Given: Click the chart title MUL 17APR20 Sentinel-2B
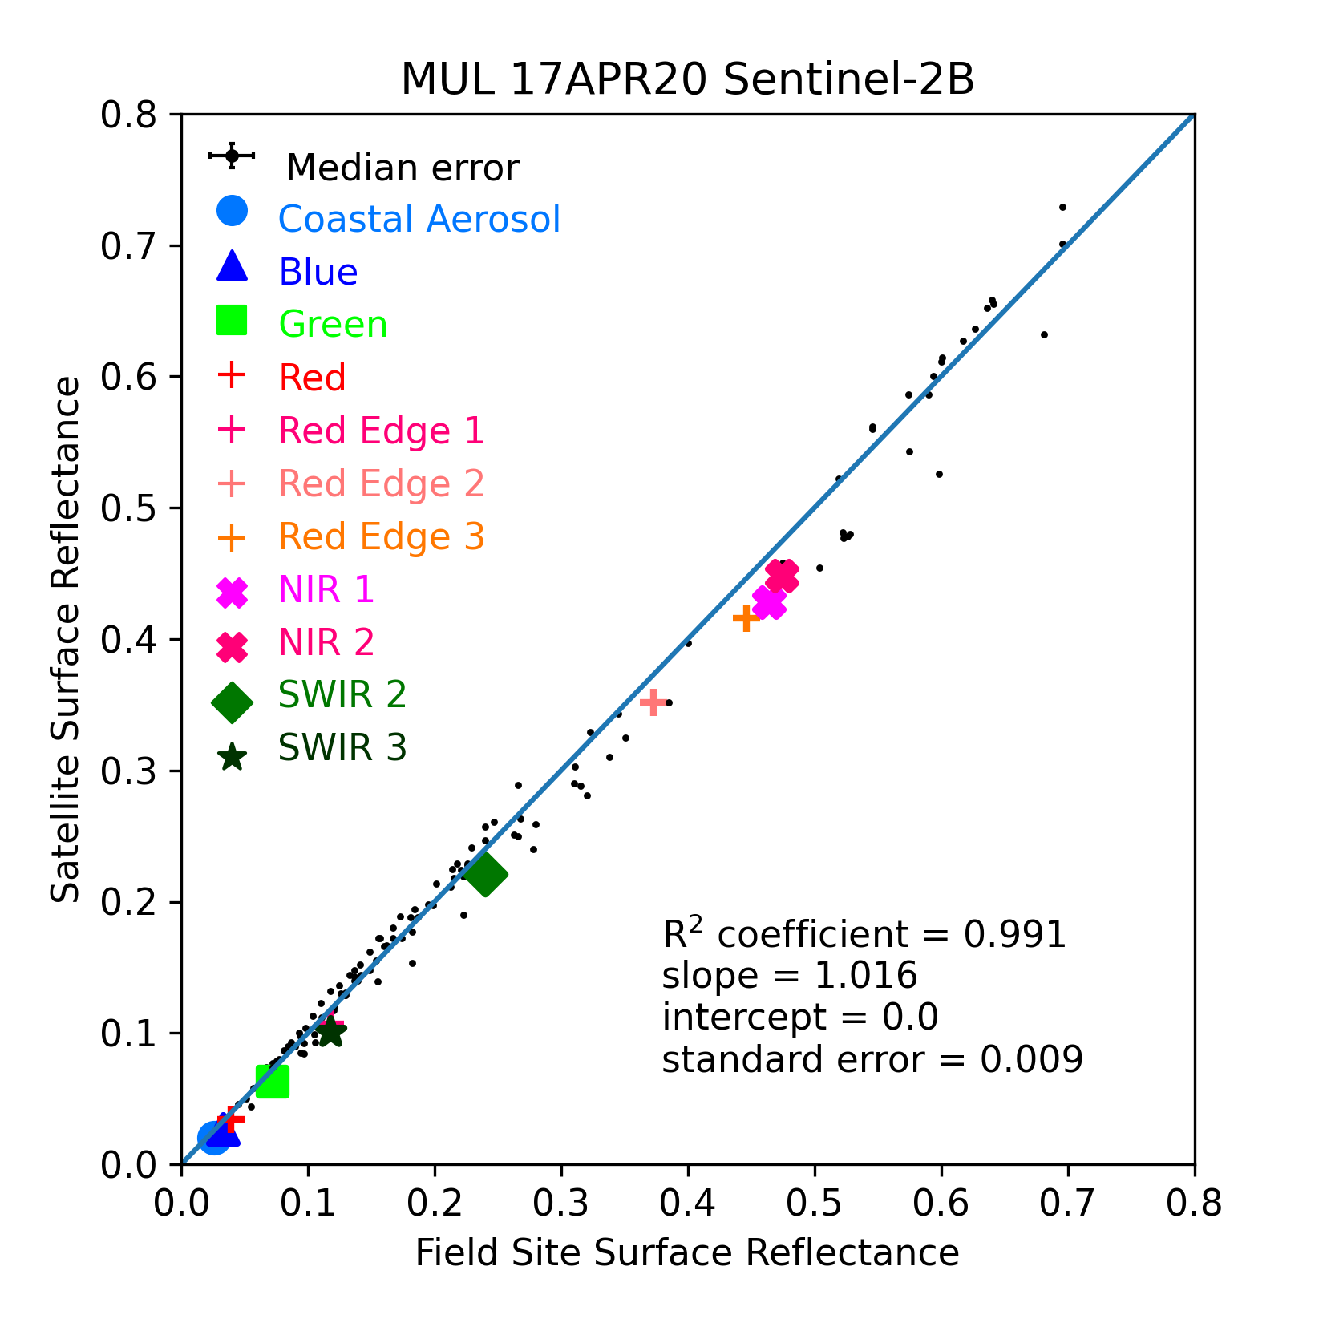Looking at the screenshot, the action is pos(687,79).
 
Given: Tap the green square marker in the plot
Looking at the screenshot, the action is pos(273,1082).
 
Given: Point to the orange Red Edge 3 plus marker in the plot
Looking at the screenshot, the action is pos(746,617).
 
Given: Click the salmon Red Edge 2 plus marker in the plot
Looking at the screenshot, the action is pos(653,702).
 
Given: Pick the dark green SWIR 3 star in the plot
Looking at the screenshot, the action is pos(330,1032).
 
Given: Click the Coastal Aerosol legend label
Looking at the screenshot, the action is pos(419,219).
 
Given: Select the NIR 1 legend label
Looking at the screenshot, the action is pos(326,589).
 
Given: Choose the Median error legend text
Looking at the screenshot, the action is pos(403,168).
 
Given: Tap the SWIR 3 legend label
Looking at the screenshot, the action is pos(342,747).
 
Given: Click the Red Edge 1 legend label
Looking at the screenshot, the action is pos(381,431).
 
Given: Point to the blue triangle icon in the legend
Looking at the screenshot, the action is pos(232,265).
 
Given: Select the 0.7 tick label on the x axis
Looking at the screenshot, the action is pos(1068,1204).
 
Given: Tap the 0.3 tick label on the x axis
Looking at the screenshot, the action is pos(561,1204).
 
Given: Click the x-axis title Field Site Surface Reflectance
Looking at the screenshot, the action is pos(687,1252).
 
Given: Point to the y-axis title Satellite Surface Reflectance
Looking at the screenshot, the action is pos(66,639).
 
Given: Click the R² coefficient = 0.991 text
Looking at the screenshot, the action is pos(864,933).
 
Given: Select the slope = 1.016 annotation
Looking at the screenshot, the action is pos(790,976).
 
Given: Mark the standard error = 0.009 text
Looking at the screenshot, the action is pos(872,1059).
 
